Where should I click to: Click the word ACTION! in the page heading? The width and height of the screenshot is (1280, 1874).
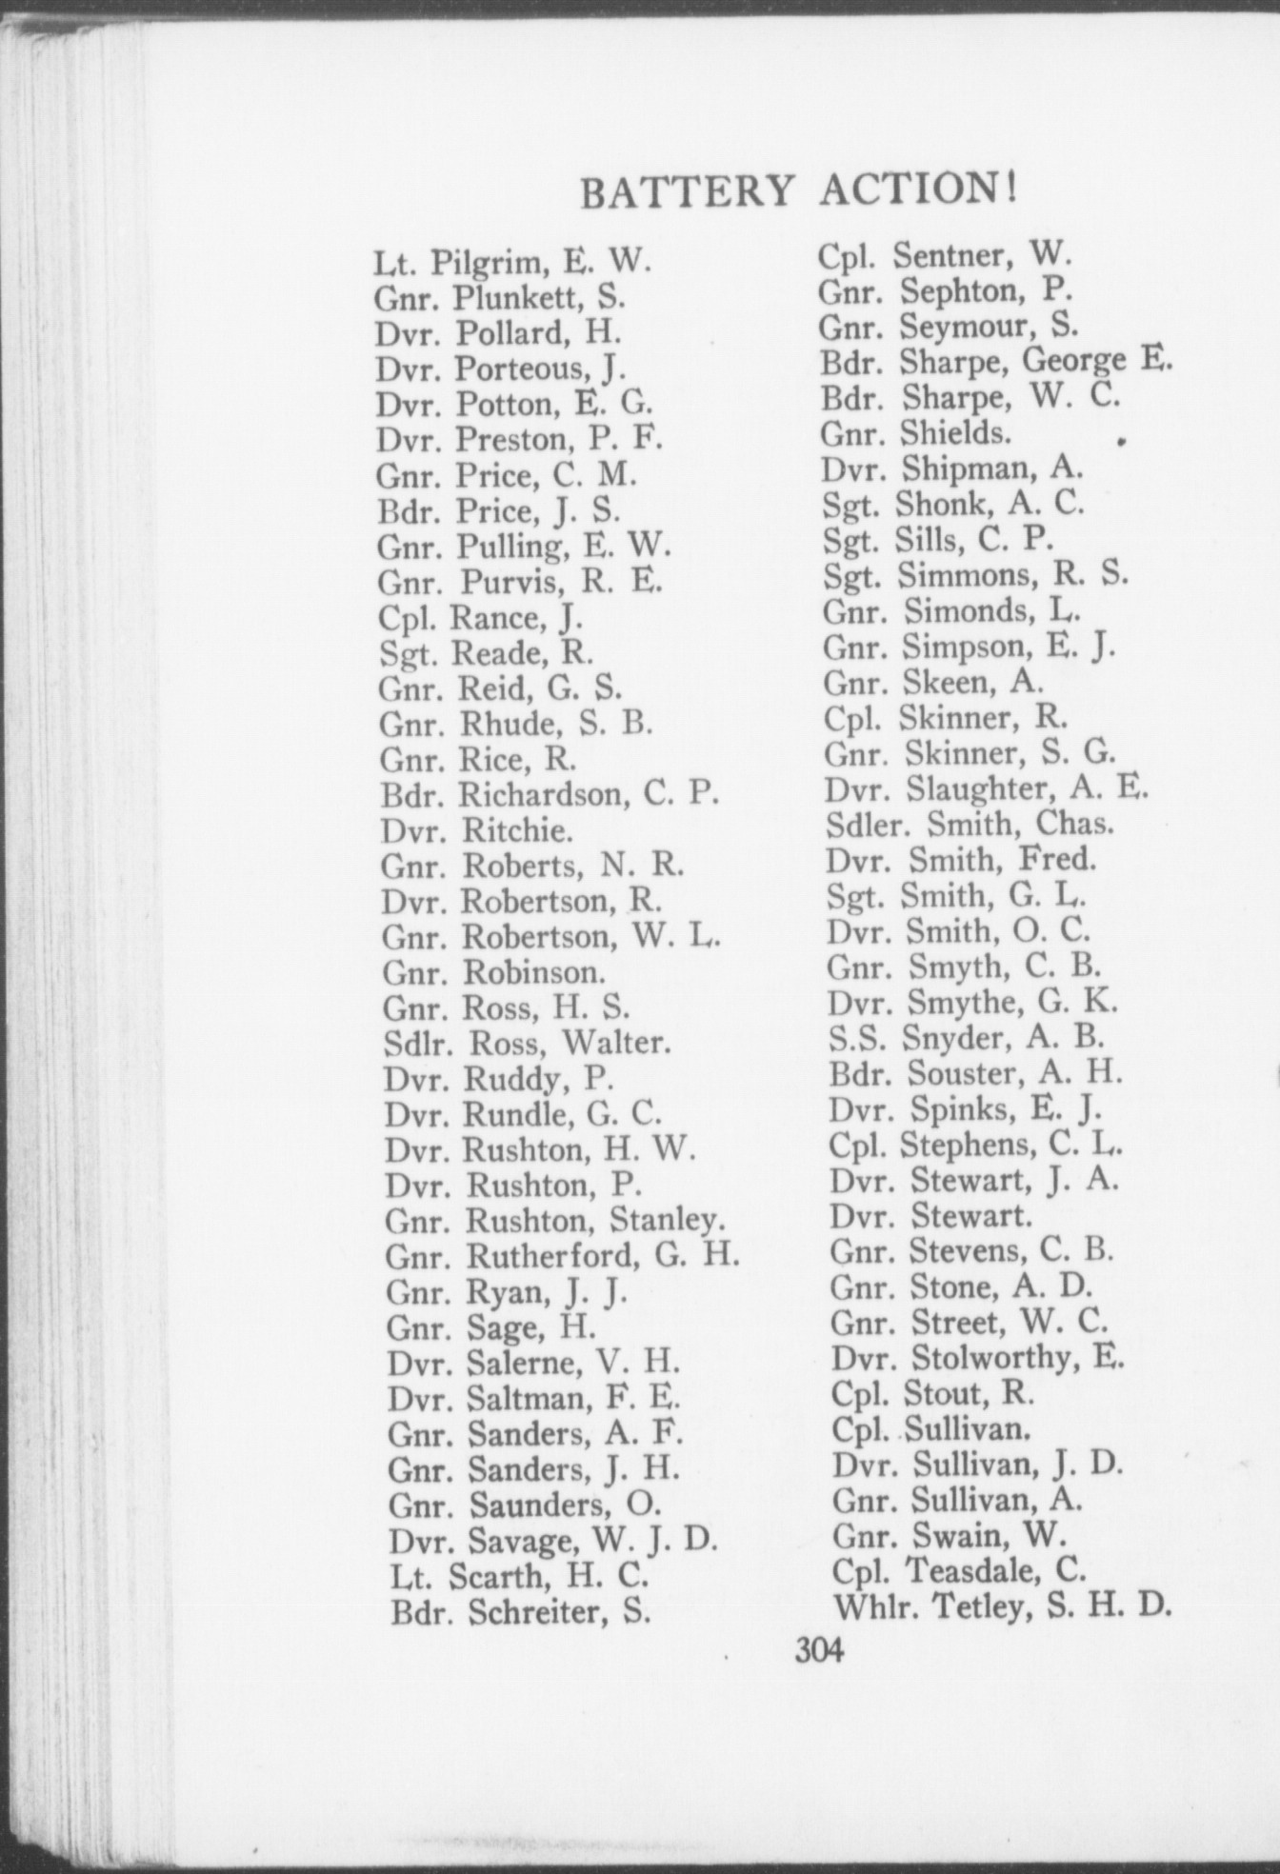tap(918, 188)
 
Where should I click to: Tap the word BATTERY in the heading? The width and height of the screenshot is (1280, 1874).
tap(686, 192)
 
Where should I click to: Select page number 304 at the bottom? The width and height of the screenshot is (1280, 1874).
tap(819, 1648)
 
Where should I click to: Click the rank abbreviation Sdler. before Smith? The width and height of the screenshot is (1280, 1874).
tap(863, 824)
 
